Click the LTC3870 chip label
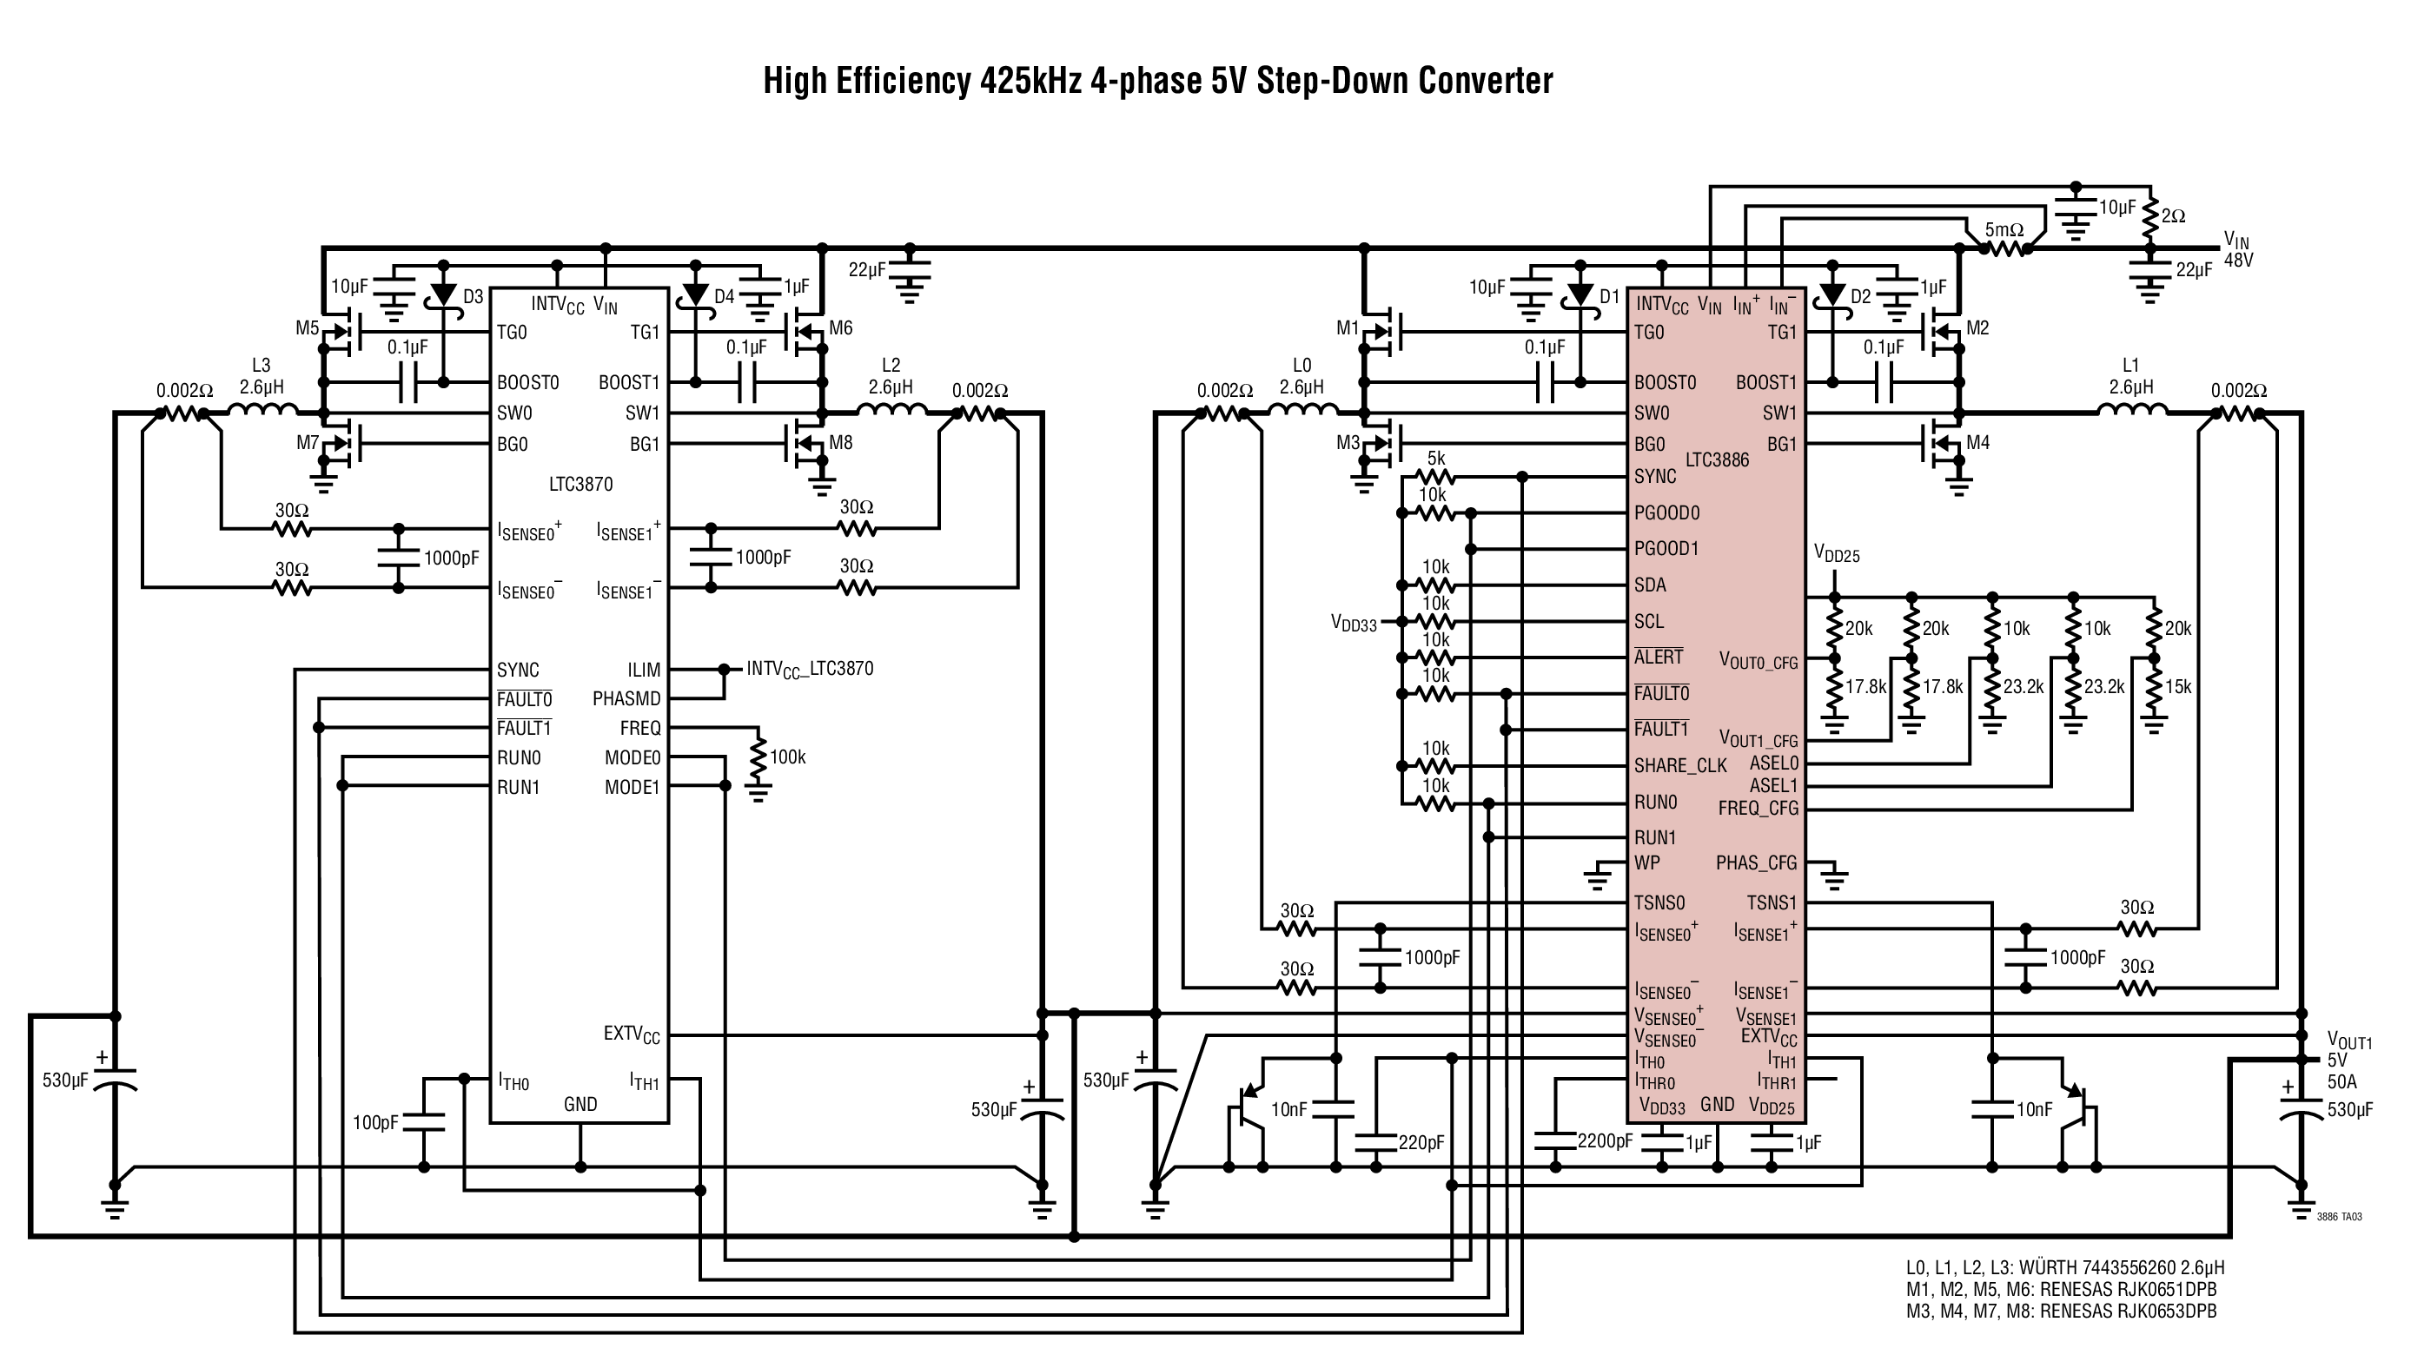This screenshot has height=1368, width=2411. pos(580,484)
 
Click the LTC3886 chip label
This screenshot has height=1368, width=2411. pos(1717,459)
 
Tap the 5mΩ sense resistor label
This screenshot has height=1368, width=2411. pos(2004,230)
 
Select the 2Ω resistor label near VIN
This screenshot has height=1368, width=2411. pos(2173,216)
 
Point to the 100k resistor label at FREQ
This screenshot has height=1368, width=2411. pos(787,757)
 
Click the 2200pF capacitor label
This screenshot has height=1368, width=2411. pos(1605,1140)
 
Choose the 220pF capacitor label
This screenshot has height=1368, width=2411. pos(1421,1142)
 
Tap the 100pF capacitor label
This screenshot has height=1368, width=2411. pos(376,1123)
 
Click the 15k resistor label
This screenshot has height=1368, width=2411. pos(2178,687)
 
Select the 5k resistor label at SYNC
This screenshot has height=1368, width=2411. pos(1435,459)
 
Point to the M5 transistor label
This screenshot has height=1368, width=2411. pos(308,328)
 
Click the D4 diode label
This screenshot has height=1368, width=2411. pos(724,297)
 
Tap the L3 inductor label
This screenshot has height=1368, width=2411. pos(262,366)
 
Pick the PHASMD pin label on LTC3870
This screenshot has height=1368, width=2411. pos(626,699)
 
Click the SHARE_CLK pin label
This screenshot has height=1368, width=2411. pos(1680,766)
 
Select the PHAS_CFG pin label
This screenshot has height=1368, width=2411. pos(1756,862)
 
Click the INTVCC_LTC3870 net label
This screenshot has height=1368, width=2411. pos(810,669)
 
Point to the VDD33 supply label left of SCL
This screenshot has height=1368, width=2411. pos(1354,623)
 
